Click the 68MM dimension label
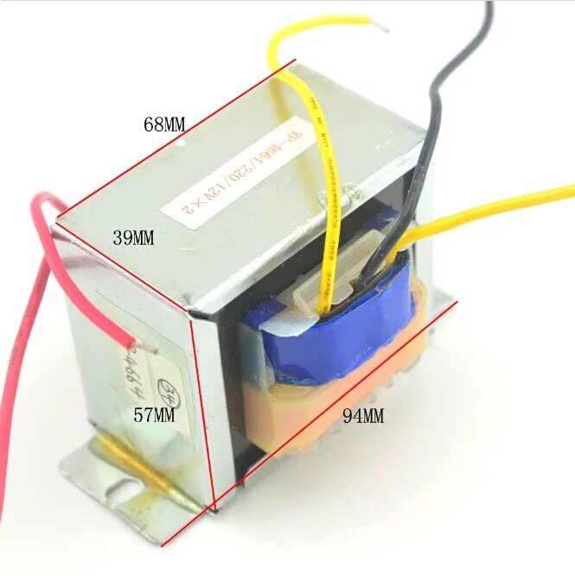[164, 124]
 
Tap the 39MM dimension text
[133, 238]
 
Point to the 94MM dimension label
[362, 416]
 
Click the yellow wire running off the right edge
[502, 203]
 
